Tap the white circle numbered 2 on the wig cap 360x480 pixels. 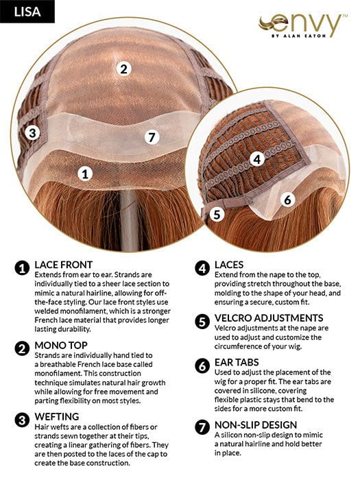point(123,68)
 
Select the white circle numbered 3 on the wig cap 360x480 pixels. point(32,132)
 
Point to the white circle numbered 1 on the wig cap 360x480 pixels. point(85,173)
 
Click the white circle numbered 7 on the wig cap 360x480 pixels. point(152,137)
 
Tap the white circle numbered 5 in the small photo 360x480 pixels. point(217,214)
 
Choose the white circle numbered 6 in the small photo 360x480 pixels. point(287,200)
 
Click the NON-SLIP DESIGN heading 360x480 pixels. point(255,425)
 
